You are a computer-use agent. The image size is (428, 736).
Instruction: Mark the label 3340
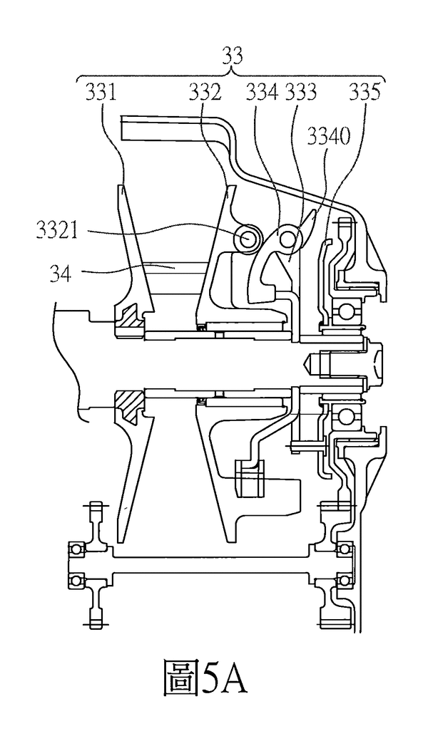click(329, 136)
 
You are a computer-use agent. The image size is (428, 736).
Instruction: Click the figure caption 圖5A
click(205, 683)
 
